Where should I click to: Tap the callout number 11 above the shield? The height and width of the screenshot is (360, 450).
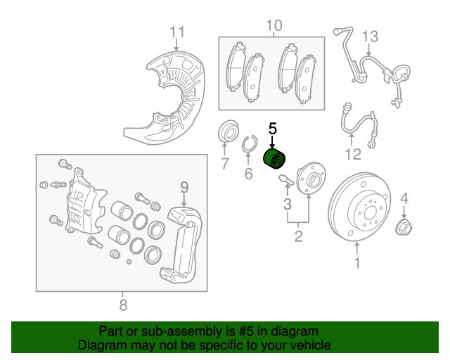[177, 32]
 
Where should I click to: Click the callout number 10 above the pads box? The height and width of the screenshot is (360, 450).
[274, 26]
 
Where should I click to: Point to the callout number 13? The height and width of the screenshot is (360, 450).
[370, 36]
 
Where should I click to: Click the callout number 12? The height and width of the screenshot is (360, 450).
[353, 154]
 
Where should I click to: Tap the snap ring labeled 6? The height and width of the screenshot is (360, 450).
[247, 145]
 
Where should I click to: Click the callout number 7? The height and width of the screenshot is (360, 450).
[225, 165]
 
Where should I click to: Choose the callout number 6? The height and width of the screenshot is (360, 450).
[248, 174]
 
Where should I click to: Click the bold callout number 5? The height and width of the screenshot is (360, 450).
[273, 129]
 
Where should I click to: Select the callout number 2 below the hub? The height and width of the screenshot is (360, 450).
[298, 236]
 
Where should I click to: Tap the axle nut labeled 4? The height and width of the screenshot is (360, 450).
[404, 226]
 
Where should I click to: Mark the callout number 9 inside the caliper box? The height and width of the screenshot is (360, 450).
[184, 186]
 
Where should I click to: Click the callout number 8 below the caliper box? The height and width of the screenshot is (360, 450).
[122, 304]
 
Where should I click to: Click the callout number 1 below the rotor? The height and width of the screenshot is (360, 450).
[356, 264]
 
